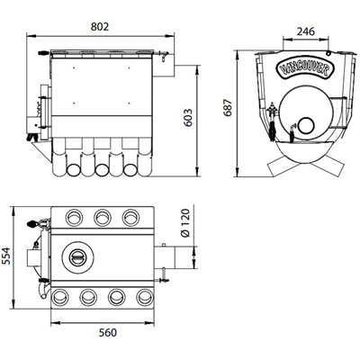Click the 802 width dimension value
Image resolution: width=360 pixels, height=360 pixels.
pos(100,26)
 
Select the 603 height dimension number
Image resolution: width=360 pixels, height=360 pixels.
pos(188,118)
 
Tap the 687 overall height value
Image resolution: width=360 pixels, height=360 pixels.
pos(229,107)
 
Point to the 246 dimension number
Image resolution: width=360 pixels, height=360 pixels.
pos(306,31)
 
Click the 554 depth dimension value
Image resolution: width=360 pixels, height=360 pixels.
pos(6,256)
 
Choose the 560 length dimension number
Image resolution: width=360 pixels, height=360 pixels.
pos(108,332)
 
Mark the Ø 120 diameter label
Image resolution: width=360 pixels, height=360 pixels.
pos(186,223)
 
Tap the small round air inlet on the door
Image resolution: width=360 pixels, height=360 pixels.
pos(306,125)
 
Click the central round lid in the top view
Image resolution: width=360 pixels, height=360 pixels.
pos(77,257)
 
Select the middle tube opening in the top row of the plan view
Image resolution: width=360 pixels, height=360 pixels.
pos(103,217)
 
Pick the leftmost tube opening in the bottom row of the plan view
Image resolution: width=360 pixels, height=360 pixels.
pos(59,297)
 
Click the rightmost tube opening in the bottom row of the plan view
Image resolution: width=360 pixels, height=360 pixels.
pos(145,297)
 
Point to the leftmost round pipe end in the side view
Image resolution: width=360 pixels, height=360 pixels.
pos(74,170)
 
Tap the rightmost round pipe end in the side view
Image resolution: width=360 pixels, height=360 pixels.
pos(130,170)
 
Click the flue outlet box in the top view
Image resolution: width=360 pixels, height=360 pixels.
pos(165,257)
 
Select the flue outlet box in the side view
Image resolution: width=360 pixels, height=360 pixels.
pos(164,65)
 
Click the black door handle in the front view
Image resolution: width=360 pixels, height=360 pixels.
pos(273,130)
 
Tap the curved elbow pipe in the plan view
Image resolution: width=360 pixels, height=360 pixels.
pos(43,290)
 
